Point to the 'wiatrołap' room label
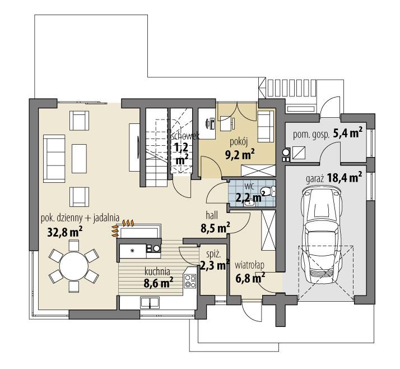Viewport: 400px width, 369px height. tap(249, 265)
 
